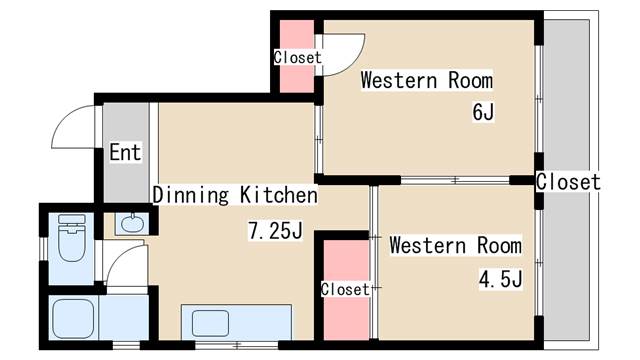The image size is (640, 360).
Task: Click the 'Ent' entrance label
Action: [125, 152]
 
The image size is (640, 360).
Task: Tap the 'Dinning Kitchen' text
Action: [235, 195]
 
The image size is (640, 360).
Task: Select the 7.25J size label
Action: [276, 231]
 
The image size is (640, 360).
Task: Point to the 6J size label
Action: [483, 111]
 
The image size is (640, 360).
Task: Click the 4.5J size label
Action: [500, 280]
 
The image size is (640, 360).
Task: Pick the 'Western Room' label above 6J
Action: [427, 80]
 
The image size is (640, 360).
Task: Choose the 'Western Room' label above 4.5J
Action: [456, 245]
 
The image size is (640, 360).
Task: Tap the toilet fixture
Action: [72, 238]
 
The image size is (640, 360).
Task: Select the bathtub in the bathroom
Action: [73, 318]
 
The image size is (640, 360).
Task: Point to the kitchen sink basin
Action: [210, 323]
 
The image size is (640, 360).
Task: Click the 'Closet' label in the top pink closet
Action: [298, 57]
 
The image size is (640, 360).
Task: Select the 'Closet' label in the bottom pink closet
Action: [345, 289]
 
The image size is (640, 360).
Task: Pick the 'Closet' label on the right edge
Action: [568, 182]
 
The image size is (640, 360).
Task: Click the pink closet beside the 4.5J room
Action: [347, 289]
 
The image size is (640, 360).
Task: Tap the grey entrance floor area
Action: [126, 152]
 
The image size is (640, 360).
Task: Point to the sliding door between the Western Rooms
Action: [455, 180]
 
